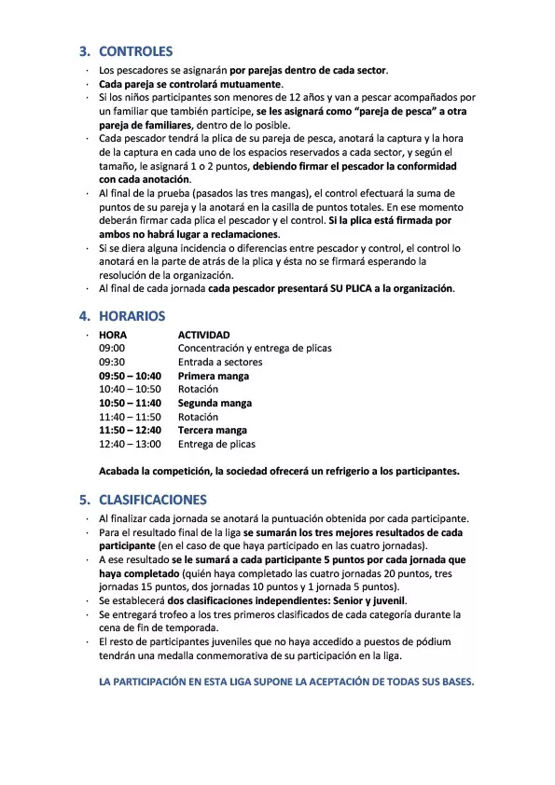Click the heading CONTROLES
pyautogui.click(x=135, y=51)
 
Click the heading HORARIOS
pyautogui.click(x=132, y=316)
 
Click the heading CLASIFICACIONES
pyautogui.click(x=152, y=499)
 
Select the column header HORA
pyautogui.click(x=113, y=335)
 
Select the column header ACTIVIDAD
pyautogui.click(x=203, y=335)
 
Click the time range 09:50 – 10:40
pyautogui.click(x=130, y=376)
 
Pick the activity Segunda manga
pyautogui.click(x=215, y=403)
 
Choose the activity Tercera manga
pyautogui.click(x=213, y=431)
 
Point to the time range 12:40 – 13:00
pyautogui.click(x=130, y=445)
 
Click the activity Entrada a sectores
pyautogui.click(x=220, y=363)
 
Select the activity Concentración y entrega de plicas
pyautogui.click(x=255, y=349)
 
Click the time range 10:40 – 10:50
pyautogui.click(x=130, y=390)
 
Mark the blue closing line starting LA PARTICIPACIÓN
pyautogui.click(x=286, y=682)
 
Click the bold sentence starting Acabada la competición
pyautogui.click(x=279, y=471)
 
